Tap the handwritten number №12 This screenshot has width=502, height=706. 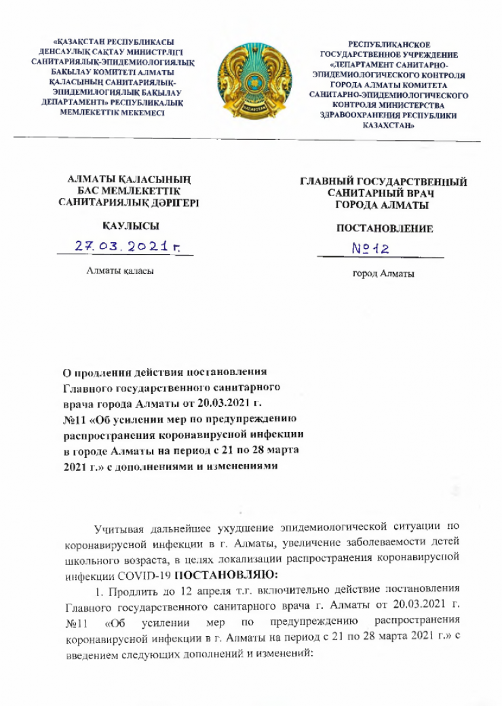tap(370, 250)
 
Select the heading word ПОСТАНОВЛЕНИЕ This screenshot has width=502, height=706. tap(385, 229)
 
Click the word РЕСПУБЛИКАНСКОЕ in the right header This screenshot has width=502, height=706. tap(389, 44)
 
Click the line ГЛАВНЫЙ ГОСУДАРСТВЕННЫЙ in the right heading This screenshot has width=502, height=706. tap(385, 182)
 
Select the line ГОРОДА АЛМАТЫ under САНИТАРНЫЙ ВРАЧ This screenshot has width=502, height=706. tap(384, 204)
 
